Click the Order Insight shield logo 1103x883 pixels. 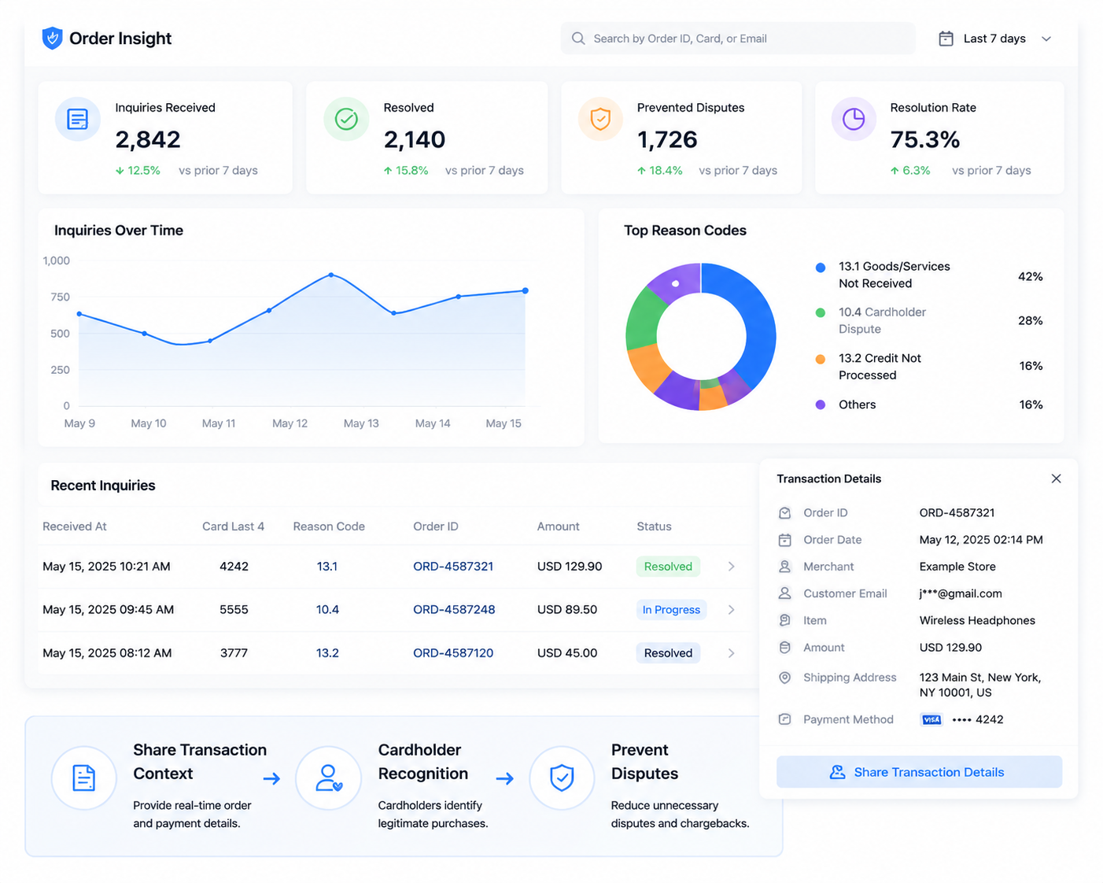click(52, 38)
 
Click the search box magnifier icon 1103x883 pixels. click(577, 39)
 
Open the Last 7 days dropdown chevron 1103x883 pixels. click(1046, 39)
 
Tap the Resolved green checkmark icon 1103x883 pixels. click(346, 119)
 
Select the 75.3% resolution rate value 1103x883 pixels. click(924, 139)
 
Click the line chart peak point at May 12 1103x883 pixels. click(331, 275)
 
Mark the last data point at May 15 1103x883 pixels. click(525, 290)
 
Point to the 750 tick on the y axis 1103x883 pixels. click(60, 297)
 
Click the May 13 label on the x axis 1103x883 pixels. click(361, 423)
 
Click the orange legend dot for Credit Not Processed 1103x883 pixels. click(820, 359)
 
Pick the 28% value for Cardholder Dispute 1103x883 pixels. click(1030, 320)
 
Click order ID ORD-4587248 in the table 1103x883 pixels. click(454, 609)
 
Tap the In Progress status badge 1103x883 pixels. click(671, 609)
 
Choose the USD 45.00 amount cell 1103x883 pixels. click(567, 652)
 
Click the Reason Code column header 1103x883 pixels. click(329, 526)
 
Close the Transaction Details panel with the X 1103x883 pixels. click(1055, 478)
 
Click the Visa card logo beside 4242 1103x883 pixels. click(931, 719)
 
